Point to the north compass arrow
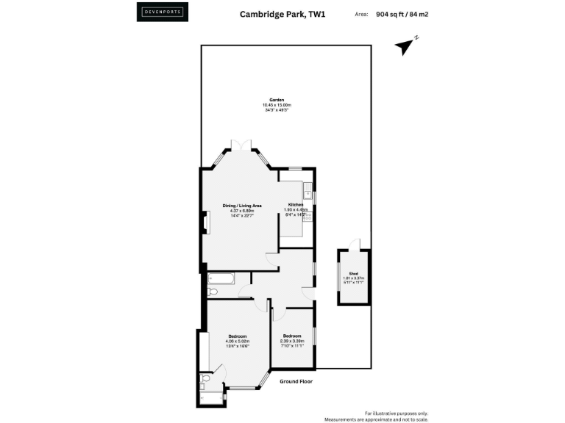(404, 46)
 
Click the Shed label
(353, 275)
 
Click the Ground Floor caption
(296, 381)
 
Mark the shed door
(355, 244)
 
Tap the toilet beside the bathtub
(212, 292)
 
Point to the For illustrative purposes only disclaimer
(397, 414)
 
